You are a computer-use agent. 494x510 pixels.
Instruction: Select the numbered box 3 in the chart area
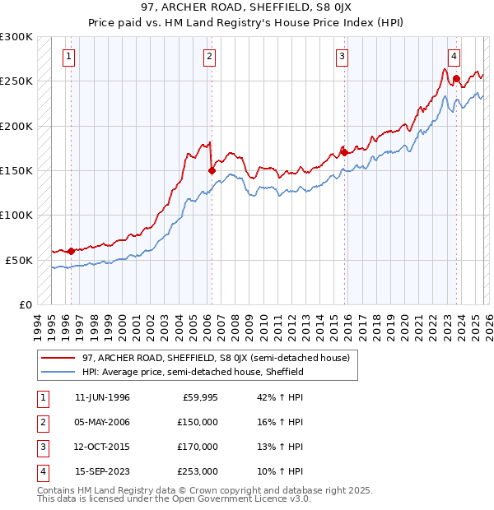click(x=341, y=57)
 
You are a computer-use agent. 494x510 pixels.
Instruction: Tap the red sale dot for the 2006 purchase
click(x=212, y=170)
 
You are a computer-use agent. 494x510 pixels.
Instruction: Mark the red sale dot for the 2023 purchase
click(x=457, y=79)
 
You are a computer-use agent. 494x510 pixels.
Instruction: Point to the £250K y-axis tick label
click(x=17, y=81)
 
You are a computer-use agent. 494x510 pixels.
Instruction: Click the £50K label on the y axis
click(x=21, y=260)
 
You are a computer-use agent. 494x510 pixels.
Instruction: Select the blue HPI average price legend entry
click(x=193, y=372)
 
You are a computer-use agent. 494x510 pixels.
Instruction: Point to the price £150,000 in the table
click(x=198, y=423)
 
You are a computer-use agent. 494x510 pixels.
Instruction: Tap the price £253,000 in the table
click(x=198, y=472)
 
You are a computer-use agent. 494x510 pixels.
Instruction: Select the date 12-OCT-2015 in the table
click(x=102, y=447)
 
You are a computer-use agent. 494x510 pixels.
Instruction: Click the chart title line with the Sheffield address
click(x=246, y=9)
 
